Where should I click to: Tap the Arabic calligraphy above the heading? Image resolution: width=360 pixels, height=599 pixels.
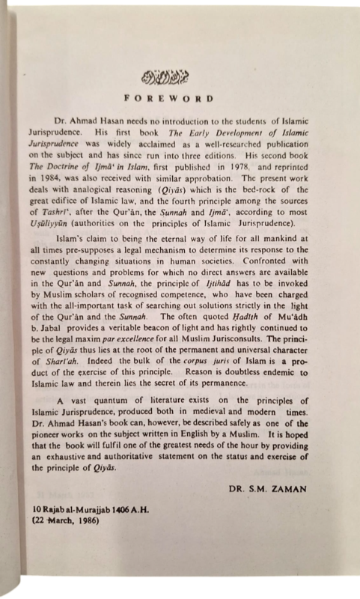(x=175, y=76)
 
